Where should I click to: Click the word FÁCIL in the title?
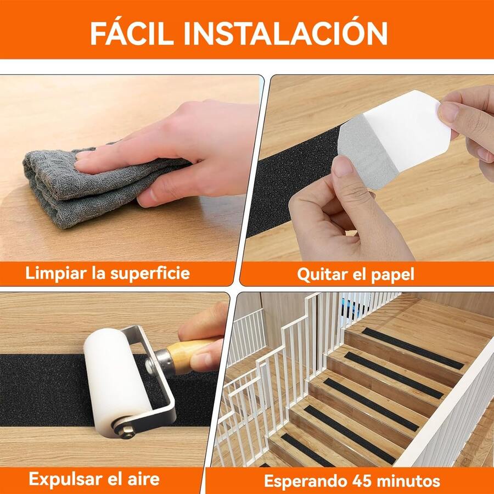click(132, 33)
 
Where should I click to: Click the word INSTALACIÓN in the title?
click(285, 33)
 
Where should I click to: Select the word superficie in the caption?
click(150, 274)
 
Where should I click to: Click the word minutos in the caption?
click(408, 481)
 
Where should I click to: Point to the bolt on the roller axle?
click(127, 431)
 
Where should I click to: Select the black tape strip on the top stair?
click(412, 348)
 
